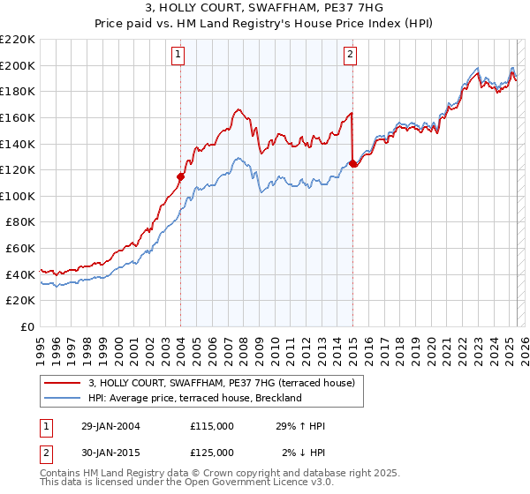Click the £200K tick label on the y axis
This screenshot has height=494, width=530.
(18, 65)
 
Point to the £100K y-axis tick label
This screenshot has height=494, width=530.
(18, 196)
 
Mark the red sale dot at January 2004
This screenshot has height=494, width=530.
(181, 176)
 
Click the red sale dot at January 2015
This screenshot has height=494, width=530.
(353, 163)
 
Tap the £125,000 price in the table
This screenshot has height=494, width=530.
(212, 453)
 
